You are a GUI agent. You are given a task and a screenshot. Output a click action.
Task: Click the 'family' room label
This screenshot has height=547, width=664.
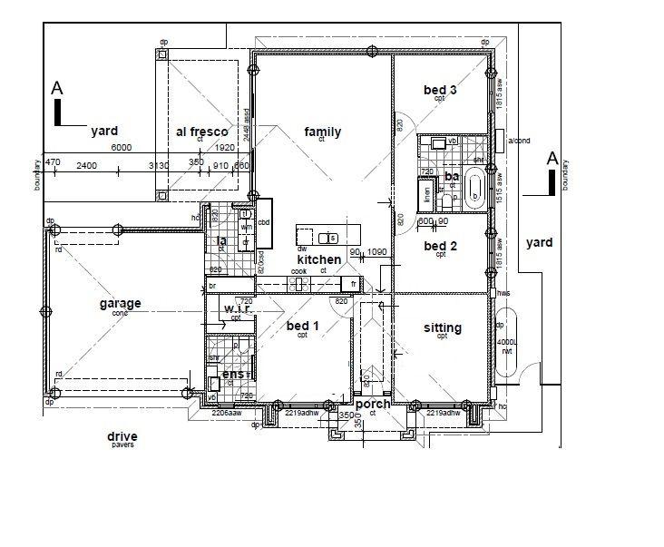click(x=322, y=132)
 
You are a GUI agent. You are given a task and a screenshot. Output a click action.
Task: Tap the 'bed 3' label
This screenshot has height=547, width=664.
click(x=440, y=90)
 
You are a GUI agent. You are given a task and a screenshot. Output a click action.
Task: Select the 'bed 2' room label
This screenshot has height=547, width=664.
click(x=440, y=246)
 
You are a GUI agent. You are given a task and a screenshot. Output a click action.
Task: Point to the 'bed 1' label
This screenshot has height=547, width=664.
click(x=303, y=326)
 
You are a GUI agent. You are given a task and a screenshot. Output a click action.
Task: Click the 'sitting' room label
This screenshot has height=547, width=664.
click(x=443, y=327)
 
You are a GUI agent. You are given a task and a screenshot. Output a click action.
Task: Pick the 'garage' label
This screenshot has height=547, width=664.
click(x=120, y=304)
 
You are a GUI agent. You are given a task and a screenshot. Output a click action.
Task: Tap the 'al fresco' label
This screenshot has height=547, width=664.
click(x=201, y=132)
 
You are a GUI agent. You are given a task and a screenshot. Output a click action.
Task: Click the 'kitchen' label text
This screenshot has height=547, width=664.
click(x=319, y=259)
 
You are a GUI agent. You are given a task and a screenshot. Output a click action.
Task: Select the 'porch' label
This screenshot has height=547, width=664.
click(x=373, y=404)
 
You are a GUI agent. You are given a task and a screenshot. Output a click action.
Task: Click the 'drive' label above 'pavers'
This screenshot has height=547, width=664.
click(x=122, y=436)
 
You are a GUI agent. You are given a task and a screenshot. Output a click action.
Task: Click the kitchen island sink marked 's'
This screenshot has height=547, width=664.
click(x=333, y=238)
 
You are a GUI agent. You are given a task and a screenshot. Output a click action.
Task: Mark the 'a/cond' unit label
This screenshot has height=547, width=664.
click(x=519, y=141)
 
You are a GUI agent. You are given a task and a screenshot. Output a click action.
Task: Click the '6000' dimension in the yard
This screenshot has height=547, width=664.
click(x=122, y=148)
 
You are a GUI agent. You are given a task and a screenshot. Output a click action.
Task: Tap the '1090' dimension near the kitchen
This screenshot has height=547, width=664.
click(x=378, y=251)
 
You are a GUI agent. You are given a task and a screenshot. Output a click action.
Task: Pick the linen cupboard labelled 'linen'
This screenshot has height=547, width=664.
click(x=425, y=192)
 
